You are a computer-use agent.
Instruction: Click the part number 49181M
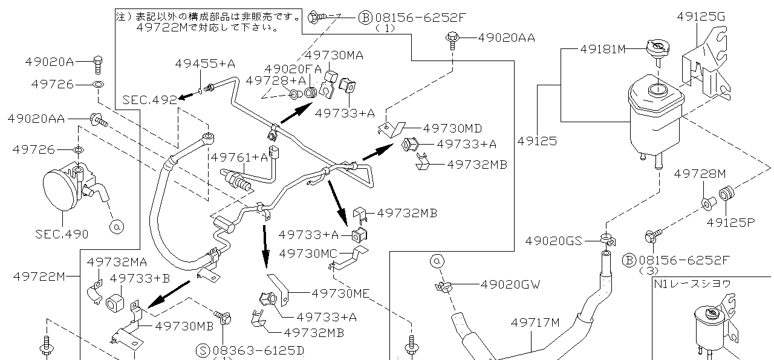[603, 49]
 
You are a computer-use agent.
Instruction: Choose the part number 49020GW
[510, 284]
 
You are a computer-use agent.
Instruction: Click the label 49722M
[39, 277]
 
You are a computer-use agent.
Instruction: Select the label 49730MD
[452, 128]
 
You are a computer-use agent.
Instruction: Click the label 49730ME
[341, 293]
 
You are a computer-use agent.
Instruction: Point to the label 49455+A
[205, 63]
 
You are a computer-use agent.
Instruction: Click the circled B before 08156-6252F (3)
[629, 260]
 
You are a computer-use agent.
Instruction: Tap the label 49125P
[730, 222]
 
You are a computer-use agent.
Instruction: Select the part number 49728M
[700, 174]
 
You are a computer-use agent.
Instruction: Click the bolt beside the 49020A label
[98, 62]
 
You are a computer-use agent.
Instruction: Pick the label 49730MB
[184, 326]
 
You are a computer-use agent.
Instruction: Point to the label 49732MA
[117, 262]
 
